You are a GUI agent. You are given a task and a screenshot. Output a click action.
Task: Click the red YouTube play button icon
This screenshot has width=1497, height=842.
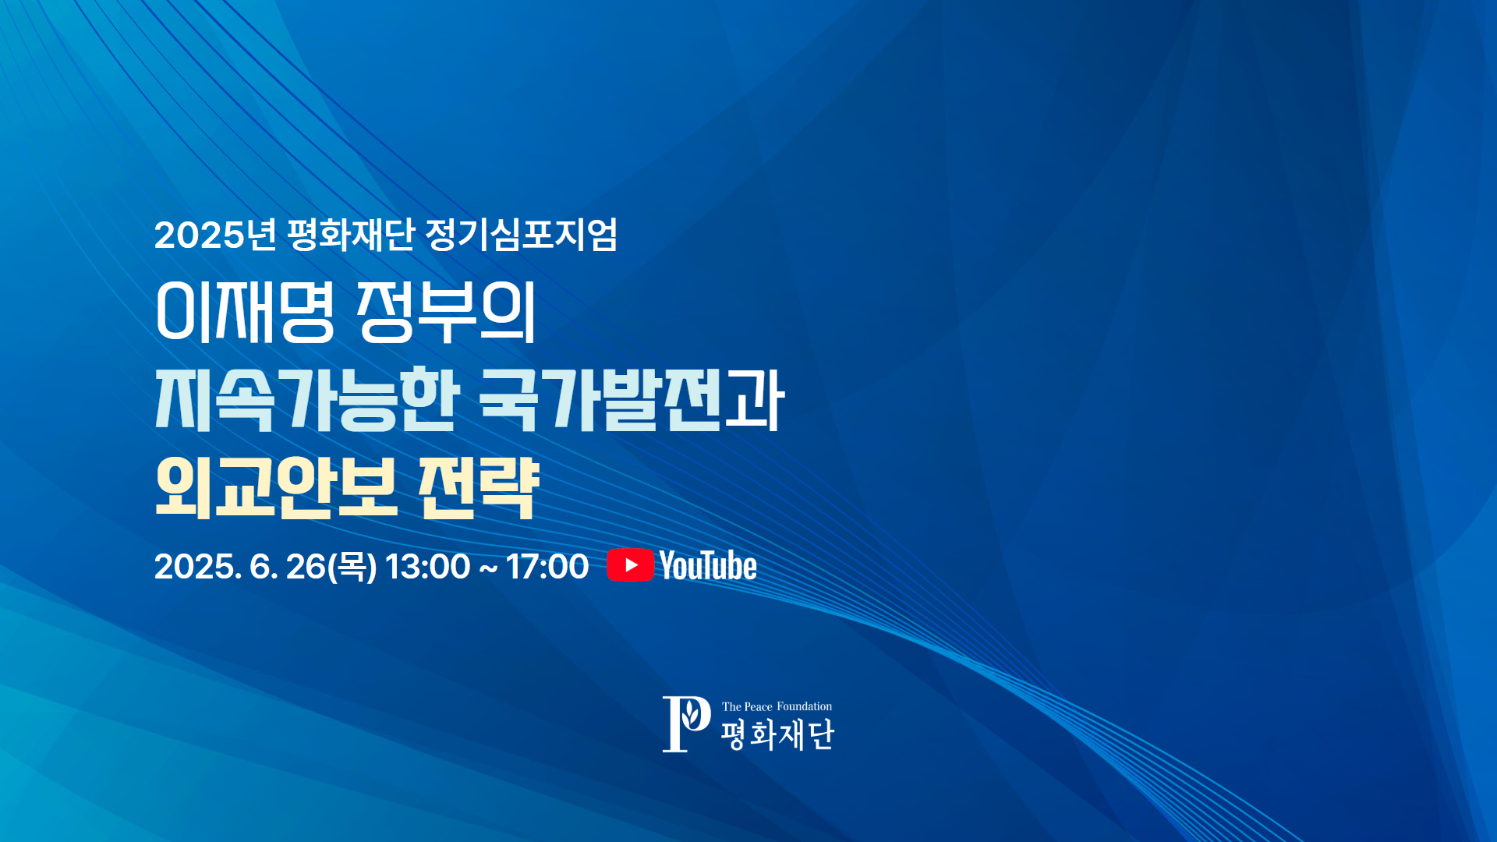click(x=630, y=565)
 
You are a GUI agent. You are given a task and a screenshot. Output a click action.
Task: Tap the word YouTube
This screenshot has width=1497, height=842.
click(x=708, y=565)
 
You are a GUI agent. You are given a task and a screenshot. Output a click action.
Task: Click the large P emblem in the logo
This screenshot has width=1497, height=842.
click(x=686, y=724)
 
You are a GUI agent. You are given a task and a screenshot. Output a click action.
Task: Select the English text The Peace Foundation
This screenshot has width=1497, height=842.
click(x=777, y=706)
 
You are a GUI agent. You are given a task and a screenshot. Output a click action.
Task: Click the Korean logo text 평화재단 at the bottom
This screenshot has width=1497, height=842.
click(x=777, y=734)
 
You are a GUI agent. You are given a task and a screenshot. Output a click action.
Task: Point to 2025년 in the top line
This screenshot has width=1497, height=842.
click(x=215, y=234)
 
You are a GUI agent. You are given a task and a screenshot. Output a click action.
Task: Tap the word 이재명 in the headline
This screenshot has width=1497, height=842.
click(x=246, y=312)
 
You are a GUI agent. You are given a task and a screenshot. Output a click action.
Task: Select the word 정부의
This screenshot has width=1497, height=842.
click(x=447, y=312)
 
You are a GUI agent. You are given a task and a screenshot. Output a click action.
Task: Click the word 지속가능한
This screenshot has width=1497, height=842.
click(x=307, y=399)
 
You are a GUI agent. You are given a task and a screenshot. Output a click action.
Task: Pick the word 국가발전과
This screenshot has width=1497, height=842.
click(x=632, y=399)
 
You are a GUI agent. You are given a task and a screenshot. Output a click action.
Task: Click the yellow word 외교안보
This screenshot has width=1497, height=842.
click(x=277, y=487)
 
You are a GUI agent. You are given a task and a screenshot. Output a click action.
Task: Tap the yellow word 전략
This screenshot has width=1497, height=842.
click(x=479, y=487)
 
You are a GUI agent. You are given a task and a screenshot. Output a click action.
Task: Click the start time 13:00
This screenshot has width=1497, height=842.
click(x=427, y=567)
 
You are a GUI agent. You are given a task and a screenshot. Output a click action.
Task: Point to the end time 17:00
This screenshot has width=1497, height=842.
click(x=547, y=567)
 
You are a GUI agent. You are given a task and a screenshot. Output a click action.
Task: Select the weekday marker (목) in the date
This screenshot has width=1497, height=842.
click(x=352, y=567)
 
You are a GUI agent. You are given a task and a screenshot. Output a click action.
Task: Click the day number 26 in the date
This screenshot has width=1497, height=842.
click(x=306, y=567)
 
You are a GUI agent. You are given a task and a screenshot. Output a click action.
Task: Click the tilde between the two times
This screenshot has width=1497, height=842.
click(x=488, y=568)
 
